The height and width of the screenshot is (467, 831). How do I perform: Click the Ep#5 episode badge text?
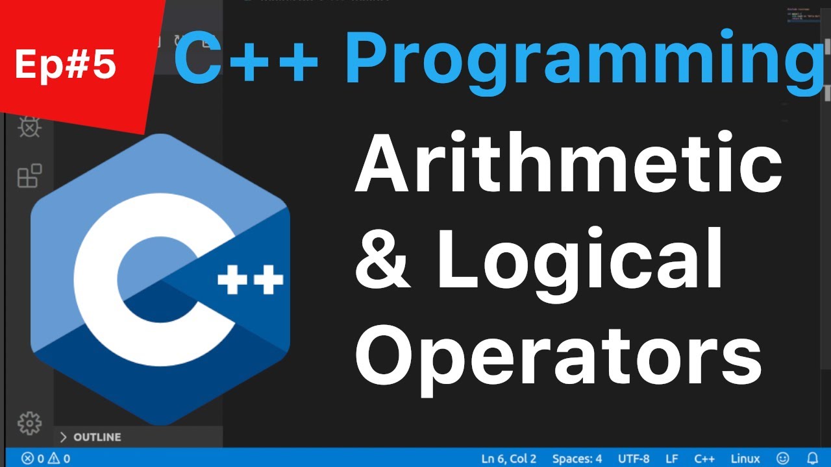(x=65, y=65)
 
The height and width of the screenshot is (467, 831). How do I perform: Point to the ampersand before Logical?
(x=383, y=259)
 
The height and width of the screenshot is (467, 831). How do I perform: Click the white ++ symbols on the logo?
(x=251, y=281)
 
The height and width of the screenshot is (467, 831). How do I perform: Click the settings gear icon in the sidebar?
(x=29, y=423)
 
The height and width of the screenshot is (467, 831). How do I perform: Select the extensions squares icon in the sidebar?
(x=29, y=176)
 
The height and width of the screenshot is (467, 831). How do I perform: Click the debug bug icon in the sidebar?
(x=29, y=126)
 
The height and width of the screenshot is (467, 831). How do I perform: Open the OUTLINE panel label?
(x=97, y=437)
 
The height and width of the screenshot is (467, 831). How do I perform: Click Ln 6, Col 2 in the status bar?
(x=509, y=459)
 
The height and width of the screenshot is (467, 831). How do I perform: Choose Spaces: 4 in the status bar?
(x=577, y=459)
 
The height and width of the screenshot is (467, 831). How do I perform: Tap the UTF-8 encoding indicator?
(x=634, y=459)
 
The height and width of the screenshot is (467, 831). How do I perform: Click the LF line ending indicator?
(x=672, y=459)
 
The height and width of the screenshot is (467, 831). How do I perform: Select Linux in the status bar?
(x=745, y=459)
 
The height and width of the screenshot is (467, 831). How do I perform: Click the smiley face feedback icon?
(x=784, y=459)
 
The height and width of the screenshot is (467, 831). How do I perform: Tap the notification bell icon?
(x=812, y=459)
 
